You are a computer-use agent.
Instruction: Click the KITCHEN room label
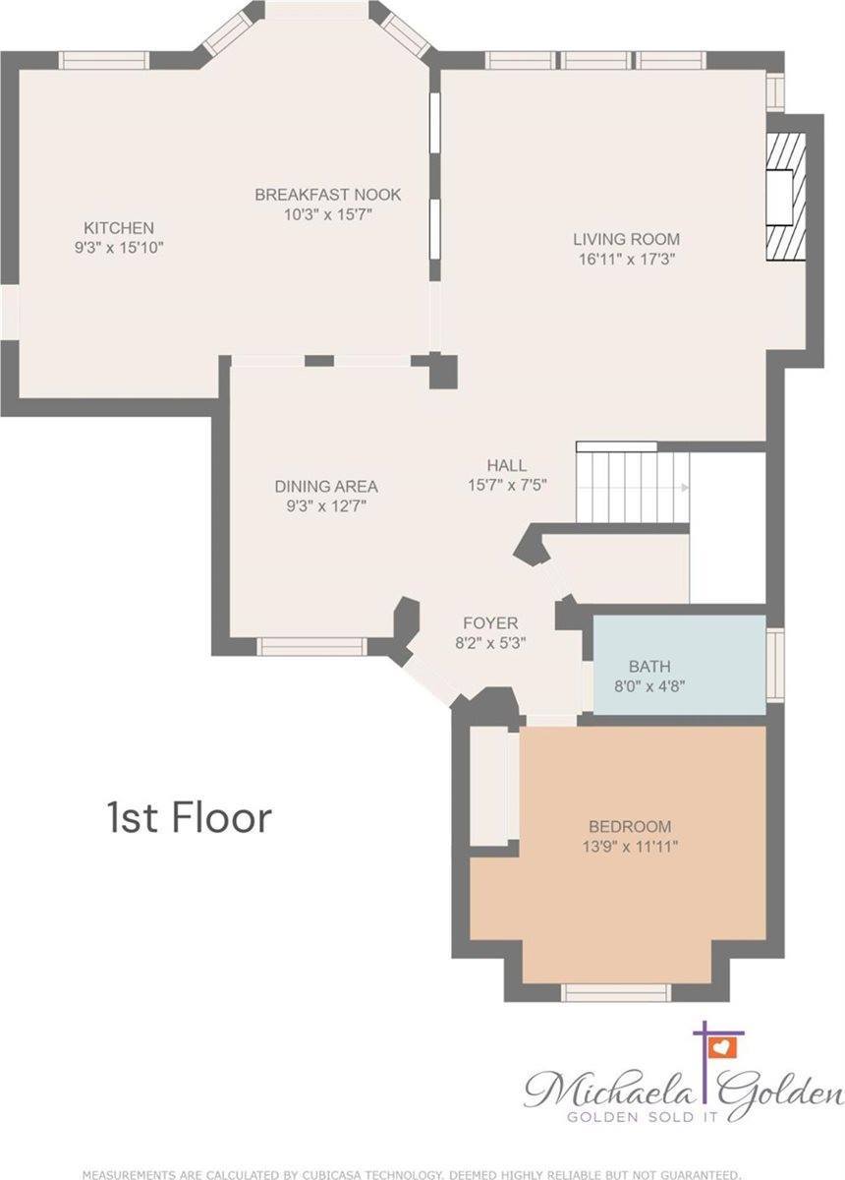pyautogui.click(x=118, y=227)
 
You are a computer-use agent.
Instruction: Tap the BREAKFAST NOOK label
pyautogui.click(x=327, y=194)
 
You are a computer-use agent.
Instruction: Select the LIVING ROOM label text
pyautogui.click(x=626, y=239)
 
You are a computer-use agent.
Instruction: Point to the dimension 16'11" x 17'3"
pyautogui.click(x=626, y=260)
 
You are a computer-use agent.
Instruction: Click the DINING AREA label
pyautogui.click(x=326, y=486)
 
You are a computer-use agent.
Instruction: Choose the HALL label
pyautogui.click(x=506, y=465)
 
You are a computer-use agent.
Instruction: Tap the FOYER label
pyautogui.click(x=489, y=623)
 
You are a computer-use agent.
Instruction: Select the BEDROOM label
pyautogui.click(x=629, y=826)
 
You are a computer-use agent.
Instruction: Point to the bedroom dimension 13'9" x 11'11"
pyautogui.click(x=629, y=846)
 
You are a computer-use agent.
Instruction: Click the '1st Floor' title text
pyautogui.click(x=188, y=816)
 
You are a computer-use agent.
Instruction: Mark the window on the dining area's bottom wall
pyautogui.click(x=310, y=646)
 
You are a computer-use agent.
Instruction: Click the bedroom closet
pyautogui.click(x=489, y=787)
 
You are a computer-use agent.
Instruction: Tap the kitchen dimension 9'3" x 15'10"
pyautogui.click(x=118, y=249)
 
